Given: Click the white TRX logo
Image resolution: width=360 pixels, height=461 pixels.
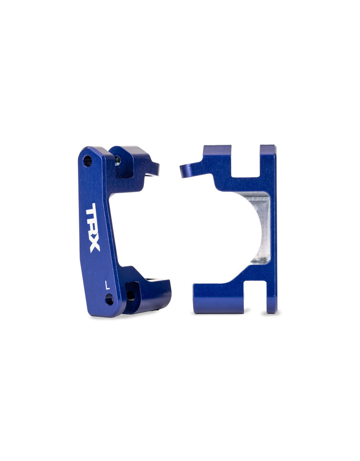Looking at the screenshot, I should point(93,227).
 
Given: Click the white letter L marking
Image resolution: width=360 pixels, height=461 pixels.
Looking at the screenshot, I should point(107,285).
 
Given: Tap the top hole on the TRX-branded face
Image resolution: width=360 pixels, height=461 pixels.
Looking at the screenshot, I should point(87,161).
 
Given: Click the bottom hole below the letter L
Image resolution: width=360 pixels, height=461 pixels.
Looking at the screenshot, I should point(109,299).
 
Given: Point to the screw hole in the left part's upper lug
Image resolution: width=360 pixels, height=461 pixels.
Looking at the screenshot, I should point(118,160).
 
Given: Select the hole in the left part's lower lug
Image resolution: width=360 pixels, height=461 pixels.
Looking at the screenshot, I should point(130,295).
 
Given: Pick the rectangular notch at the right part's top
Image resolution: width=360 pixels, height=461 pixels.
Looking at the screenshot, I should point(245,160).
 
